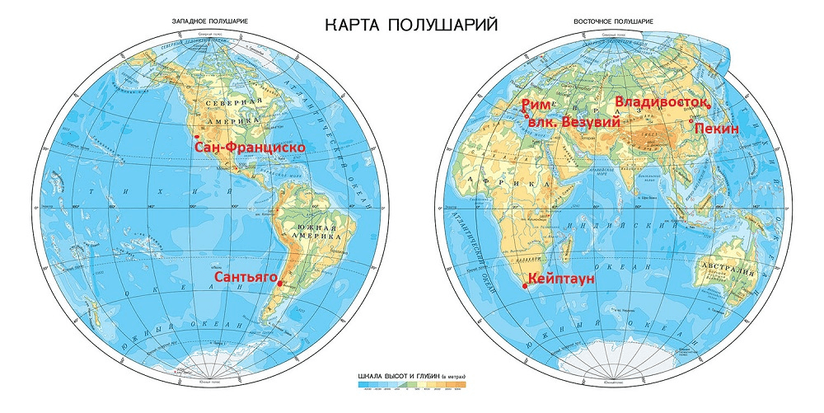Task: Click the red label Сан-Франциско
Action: tap(249, 148)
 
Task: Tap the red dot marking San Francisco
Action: tap(196, 136)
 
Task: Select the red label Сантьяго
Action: tap(244, 279)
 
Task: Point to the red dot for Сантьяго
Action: tap(280, 284)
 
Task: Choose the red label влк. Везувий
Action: tap(574, 121)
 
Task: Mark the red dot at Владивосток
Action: tap(709, 106)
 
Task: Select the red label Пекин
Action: tap(715, 129)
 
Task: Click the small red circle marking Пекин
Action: tap(691, 121)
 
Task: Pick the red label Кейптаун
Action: tap(560, 279)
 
